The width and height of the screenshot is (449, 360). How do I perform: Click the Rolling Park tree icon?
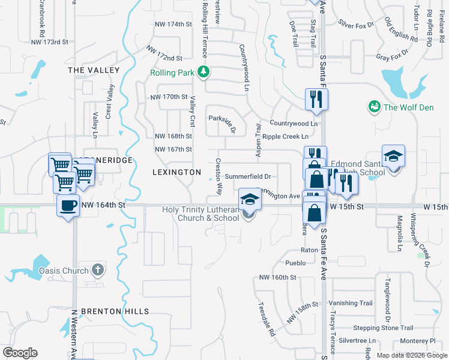[203, 73]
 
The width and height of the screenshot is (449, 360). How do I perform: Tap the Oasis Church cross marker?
[99, 271]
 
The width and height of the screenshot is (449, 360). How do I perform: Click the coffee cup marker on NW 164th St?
[68, 206]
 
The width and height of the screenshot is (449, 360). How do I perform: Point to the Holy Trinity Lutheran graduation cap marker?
[250, 199]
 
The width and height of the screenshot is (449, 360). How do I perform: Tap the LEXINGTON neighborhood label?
[176, 172]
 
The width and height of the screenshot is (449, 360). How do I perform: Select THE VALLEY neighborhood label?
[94, 70]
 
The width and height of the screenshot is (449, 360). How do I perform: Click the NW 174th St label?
[173, 25]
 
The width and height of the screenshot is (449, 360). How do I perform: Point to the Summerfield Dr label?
[248, 176]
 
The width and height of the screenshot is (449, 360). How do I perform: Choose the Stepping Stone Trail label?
[383, 328]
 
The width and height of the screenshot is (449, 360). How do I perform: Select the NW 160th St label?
[278, 277]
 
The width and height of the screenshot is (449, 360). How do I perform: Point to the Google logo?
[20, 353]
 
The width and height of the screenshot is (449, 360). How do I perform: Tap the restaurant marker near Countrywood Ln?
[316, 99]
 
